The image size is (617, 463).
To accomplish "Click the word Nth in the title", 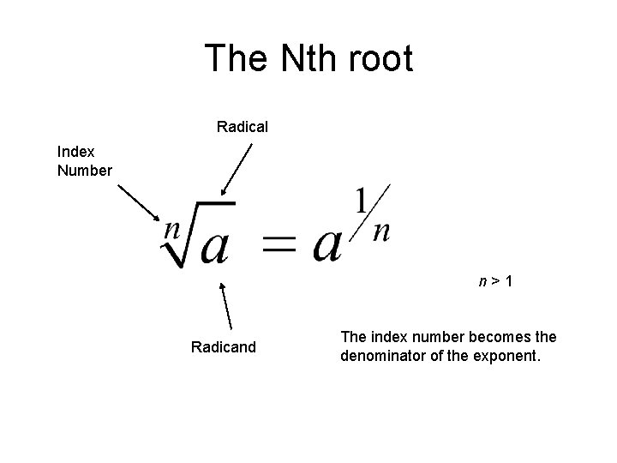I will (301, 59).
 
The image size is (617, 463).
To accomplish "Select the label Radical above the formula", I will (243, 127).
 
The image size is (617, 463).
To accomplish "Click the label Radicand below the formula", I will (223, 347).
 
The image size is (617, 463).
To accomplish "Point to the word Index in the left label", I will (76, 151).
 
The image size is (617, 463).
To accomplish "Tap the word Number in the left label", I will (85, 170).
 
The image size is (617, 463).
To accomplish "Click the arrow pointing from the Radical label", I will (237, 170).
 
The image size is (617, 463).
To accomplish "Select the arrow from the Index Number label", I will (138, 203).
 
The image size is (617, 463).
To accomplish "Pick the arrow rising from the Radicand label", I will (227, 305).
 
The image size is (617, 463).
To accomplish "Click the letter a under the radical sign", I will (214, 246).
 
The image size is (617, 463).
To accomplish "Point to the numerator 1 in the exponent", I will (363, 202).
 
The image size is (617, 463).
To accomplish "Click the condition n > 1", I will (496, 280).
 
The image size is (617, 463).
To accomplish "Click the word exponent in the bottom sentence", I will (510, 355).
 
